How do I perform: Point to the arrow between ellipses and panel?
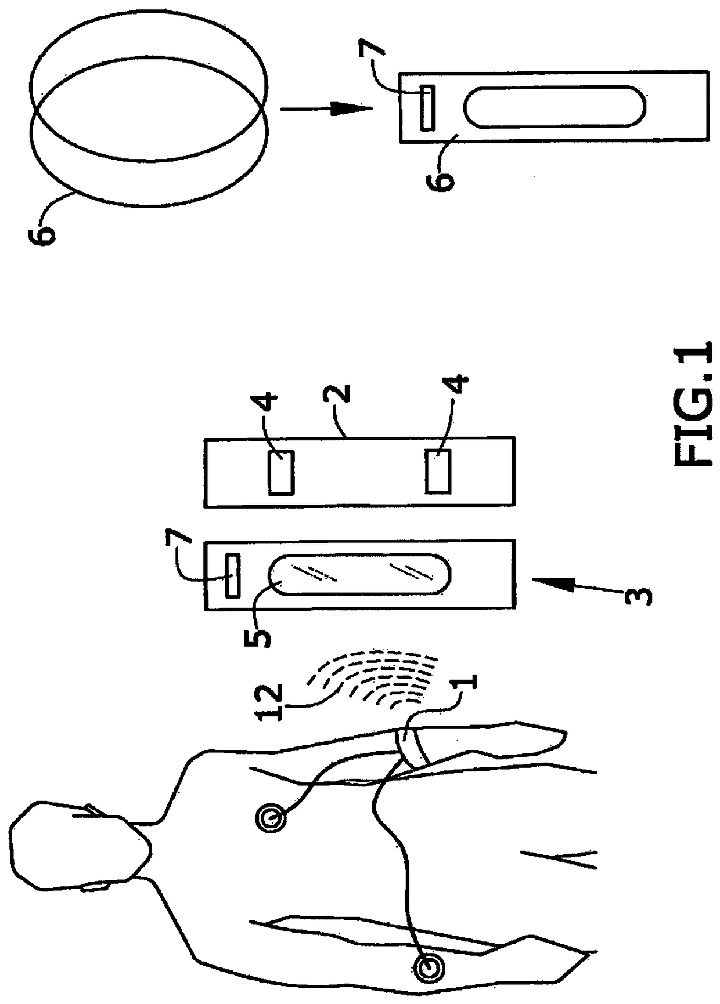pyautogui.click(x=325, y=108)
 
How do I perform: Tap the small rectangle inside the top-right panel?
pyautogui.click(x=427, y=108)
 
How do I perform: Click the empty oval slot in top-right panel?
pyautogui.click(x=554, y=107)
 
